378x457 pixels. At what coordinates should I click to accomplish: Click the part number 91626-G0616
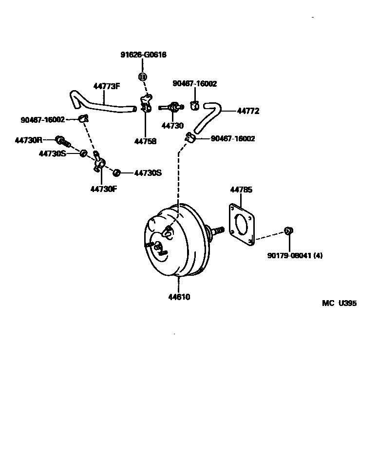pos(143,55)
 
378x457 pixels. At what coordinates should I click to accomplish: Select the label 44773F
pos(106,86)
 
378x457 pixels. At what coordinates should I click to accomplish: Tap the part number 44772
pos(248,111)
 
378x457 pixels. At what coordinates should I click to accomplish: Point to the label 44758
pos(145,142)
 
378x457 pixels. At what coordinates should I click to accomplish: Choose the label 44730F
pos(104,189)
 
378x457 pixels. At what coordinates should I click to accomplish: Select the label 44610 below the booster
pos(179,297)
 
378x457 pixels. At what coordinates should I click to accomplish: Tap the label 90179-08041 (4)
pos(295,255)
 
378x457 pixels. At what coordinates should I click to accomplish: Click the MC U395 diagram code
pos(339,303)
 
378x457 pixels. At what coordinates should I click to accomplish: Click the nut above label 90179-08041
pos(288,230)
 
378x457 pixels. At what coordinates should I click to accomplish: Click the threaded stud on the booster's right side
pos(216,230)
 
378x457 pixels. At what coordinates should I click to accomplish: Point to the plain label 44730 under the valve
pos(172,126)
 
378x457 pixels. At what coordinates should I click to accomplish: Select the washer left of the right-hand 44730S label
pos(116,173)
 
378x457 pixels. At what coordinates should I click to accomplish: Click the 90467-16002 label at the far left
pos(42,120)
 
